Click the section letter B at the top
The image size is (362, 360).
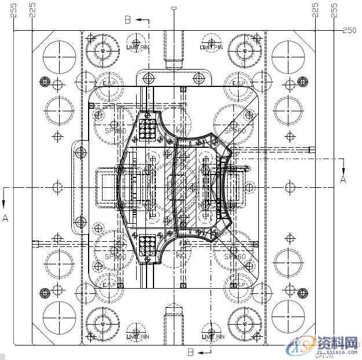coord(128,20)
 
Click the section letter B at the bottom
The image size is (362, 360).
coord(190,351)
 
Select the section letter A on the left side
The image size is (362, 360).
coord(5,218)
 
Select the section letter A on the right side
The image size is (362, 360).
coord(342,180)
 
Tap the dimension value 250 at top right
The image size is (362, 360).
coord(349,30)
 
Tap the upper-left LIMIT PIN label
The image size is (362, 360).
coord(138,47)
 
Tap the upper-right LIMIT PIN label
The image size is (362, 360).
coord(211,47)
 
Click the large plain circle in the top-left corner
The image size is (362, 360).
coord(59,56)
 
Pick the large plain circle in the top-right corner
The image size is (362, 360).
coord(288,56)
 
